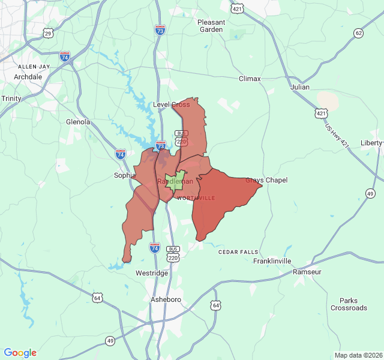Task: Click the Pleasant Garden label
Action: coord(211,26)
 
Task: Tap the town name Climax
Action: coord(250,79)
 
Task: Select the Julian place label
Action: coord(300,87)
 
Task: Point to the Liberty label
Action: coord(371,143)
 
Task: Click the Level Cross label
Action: coord(172,104)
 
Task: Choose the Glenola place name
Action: coord(78,122)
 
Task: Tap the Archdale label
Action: coord(28,77)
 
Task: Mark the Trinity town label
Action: coord(11,98)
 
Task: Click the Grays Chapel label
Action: coord(266,180)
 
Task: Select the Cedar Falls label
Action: coord(236,251)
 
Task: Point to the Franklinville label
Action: coord(272,261)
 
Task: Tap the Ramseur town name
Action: coord(307,272)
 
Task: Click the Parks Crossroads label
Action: coord(349,304)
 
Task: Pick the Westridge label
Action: coord(152,273)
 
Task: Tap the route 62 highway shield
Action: coord(358,33)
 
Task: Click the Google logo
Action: coord(20,353)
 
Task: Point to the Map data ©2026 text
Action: coord(358,355)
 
